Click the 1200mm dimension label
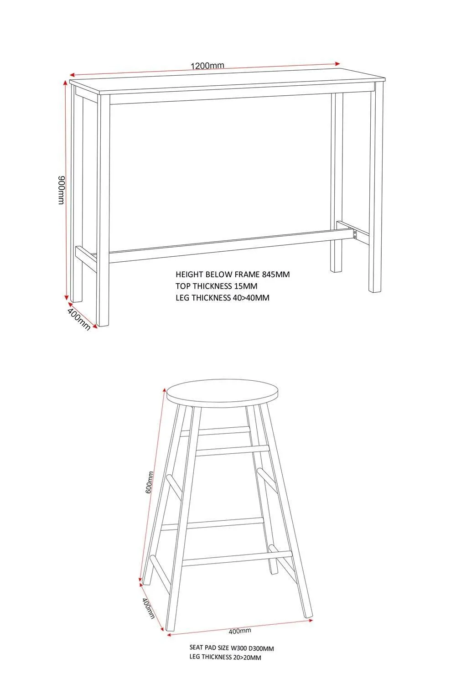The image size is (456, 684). click(207, 65)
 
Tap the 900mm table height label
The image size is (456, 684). click(62, 190)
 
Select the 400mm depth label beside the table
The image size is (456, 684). click(79, 319)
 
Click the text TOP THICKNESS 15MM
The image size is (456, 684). click(216, 286)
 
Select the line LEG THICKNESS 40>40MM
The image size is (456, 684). click(223, 298)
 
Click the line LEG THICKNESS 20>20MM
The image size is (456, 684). click(225, 657)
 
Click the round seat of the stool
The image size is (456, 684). click(223, 393)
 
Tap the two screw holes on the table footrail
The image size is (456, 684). click(355, 234)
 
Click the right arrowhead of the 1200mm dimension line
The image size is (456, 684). click(337, 63)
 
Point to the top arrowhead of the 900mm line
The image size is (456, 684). click(65, 83)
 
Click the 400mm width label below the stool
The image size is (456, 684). click(240, 631)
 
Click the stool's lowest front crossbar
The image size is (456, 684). click(237, 559)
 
